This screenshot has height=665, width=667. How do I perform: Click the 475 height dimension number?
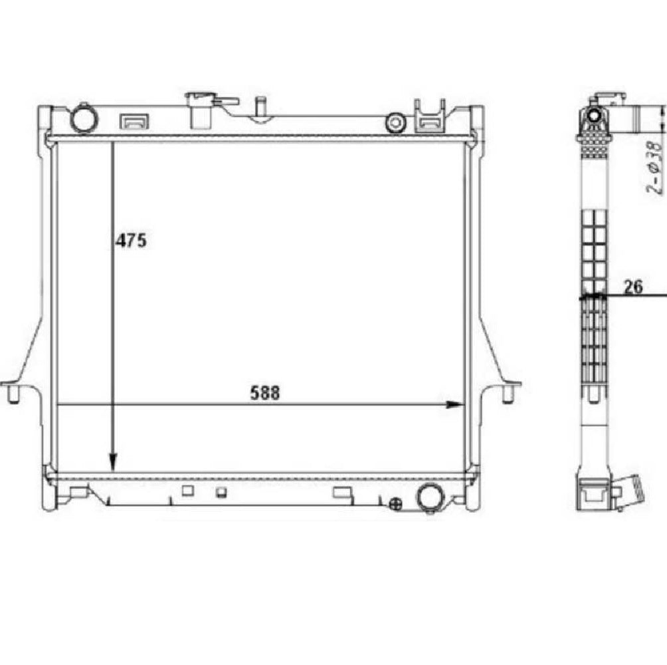click(x=131, y=241)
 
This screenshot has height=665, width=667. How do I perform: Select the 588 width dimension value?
click(x=265, y=393)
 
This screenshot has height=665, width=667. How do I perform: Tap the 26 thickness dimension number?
click(x=634, y=287)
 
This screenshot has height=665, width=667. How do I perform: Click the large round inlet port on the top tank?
click(x=84, y=118)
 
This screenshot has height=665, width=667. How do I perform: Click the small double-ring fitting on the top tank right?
click(x=397, y=122)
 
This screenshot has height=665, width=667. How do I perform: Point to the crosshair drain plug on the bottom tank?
click(x=397, y=505)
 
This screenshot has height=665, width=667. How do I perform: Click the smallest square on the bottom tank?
click(x=222, y=493)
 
